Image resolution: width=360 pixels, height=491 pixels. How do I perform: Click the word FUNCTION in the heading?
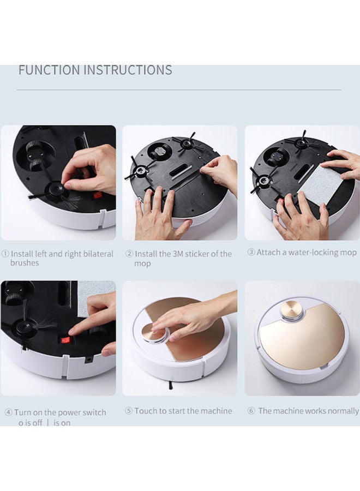tap(50, 70)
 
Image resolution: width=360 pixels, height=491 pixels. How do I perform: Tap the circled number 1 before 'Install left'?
tap(5, 254)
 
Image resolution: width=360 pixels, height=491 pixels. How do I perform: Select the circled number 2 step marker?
tap(129, 254)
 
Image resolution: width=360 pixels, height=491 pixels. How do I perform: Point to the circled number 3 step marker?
tap(251, 252)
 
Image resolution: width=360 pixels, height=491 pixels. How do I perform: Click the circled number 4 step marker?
tap(8, 412)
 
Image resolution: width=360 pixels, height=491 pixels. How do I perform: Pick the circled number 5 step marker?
tap(129, 410)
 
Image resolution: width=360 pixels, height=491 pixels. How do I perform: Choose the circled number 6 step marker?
tap(251, 410)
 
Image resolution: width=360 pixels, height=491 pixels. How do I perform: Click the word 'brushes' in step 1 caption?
tap(25, 263)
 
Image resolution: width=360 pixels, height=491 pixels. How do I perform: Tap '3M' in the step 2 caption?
tap(179, 254)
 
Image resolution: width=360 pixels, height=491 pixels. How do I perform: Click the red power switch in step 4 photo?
tap(65, 340)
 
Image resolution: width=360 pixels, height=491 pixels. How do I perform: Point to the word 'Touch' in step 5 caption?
tap(146, 410)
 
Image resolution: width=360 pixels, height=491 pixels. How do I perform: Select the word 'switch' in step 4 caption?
tap(94, 412)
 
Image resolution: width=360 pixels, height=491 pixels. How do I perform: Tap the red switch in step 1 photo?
tap(97, 196)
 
